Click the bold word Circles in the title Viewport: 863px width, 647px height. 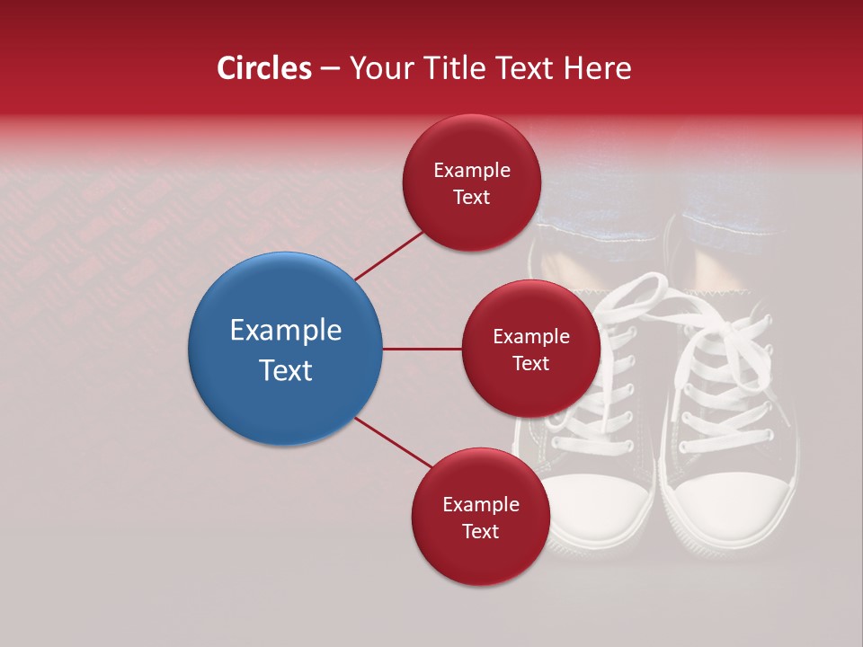[263, 68]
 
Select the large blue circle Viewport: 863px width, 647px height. [285, 349]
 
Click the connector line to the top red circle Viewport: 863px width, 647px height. [390, 255]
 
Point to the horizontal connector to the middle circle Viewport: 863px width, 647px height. [422, 349]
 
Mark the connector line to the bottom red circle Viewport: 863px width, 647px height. [393, 442]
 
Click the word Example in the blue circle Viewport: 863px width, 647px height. [285, 331]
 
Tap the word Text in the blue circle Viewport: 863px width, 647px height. [285, 370]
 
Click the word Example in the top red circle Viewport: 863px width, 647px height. [471, 170]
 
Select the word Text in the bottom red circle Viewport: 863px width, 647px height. [480, 531]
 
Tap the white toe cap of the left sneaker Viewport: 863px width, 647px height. [598, 503]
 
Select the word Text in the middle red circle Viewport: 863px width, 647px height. [530, 363]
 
